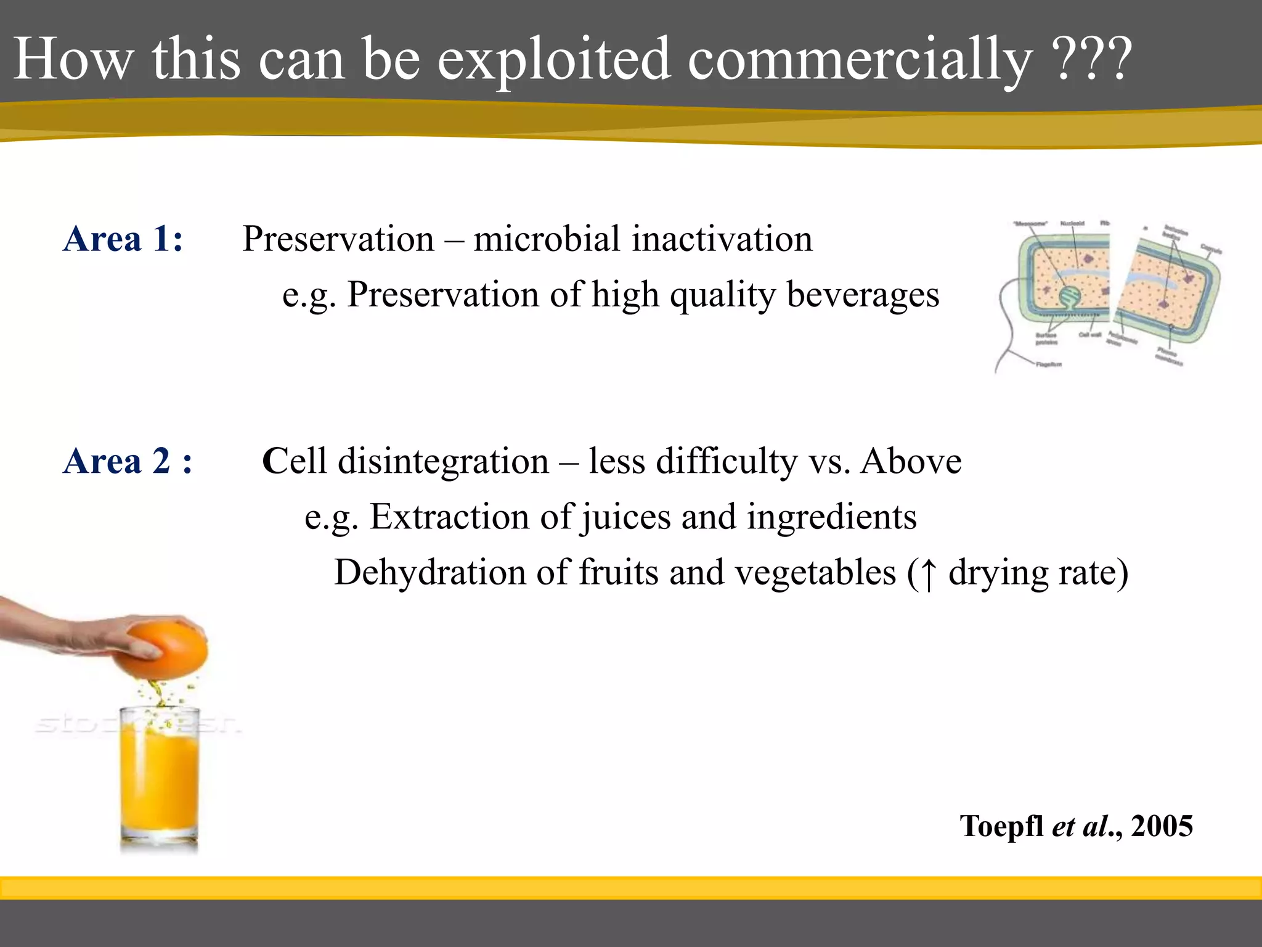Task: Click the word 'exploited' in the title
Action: (553, 60)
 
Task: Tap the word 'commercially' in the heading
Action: (859, 60)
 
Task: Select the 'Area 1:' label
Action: (123, 239)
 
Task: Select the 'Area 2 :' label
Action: (128, 461)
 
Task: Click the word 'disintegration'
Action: (443, 461)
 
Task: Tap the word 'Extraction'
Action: (449, 516)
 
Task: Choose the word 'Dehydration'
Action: (429, 572)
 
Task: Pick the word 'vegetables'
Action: (815, 572)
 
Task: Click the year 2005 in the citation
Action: (1162, 826)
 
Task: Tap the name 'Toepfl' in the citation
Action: (1001, 826)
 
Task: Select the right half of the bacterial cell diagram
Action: (1168, 290)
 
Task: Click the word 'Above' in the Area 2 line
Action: (911, 461)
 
